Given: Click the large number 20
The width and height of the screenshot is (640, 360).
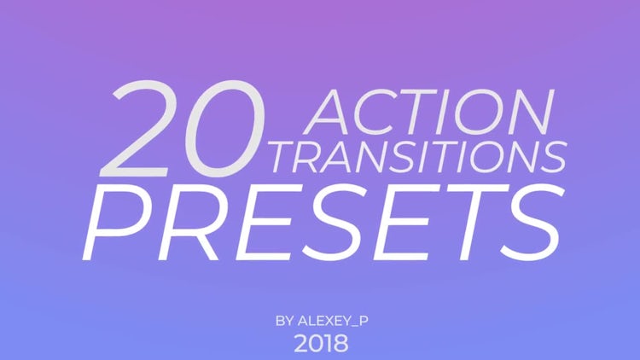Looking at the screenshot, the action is pyautogui.click(x=183, y=129).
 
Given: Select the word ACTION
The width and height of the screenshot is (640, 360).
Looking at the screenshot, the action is pyautogui.click(x=428, y=112).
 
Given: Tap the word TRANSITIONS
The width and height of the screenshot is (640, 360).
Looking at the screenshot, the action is pyautogui.click(x=418, y=157).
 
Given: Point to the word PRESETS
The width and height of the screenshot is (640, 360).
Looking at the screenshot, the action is pyautogui.click(x=323, y=223).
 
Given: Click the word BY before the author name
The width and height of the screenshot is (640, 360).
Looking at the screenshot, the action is pyautogui.click(x=284, y=321).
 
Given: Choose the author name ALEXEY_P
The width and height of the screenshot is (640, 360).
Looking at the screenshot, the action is pyautogui.click(x=333, y=322).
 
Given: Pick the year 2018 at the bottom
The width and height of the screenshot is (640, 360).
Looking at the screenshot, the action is pyautogui.click(x=321, y=344).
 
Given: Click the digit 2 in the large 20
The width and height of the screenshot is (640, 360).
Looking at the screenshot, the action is pyautogui.click(x=137, y=129).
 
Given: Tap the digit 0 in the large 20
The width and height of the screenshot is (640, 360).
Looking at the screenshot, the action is pyautogui.click(x=225, y=129).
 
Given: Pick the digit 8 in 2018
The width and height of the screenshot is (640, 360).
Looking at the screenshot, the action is pyautogui.click(x=340, y=344).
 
